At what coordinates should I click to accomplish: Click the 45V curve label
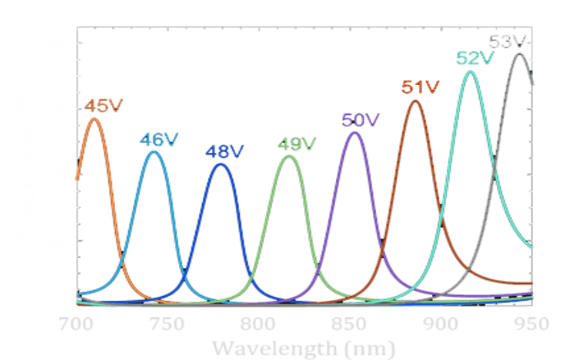click(x=101, y=107)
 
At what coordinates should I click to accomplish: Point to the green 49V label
click(x=296, y=144)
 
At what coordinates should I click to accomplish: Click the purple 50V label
click(x=361, y=120)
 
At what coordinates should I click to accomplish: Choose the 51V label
click(x=420, y=87)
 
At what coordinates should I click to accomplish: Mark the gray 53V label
click(x=508, y=41)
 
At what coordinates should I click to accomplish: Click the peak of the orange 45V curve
click(x=94, y=120)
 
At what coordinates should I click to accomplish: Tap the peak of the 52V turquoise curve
click(x=471, y=72)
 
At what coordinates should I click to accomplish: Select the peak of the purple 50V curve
click(x=355, y=133)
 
